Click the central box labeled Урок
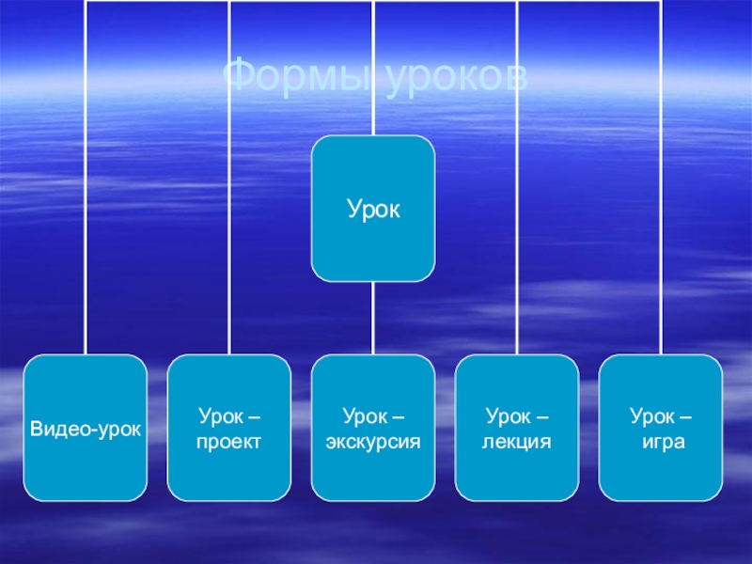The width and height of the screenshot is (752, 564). coord(373,209)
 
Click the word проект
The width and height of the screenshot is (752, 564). coord(229,440)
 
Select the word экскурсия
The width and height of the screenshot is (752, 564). coord(373,440)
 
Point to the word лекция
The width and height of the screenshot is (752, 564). coord(517,440)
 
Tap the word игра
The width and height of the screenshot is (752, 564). coord(661,440)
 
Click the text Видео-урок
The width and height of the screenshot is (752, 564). coord(86,428)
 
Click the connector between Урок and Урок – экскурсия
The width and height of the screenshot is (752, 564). coord(373,318)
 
